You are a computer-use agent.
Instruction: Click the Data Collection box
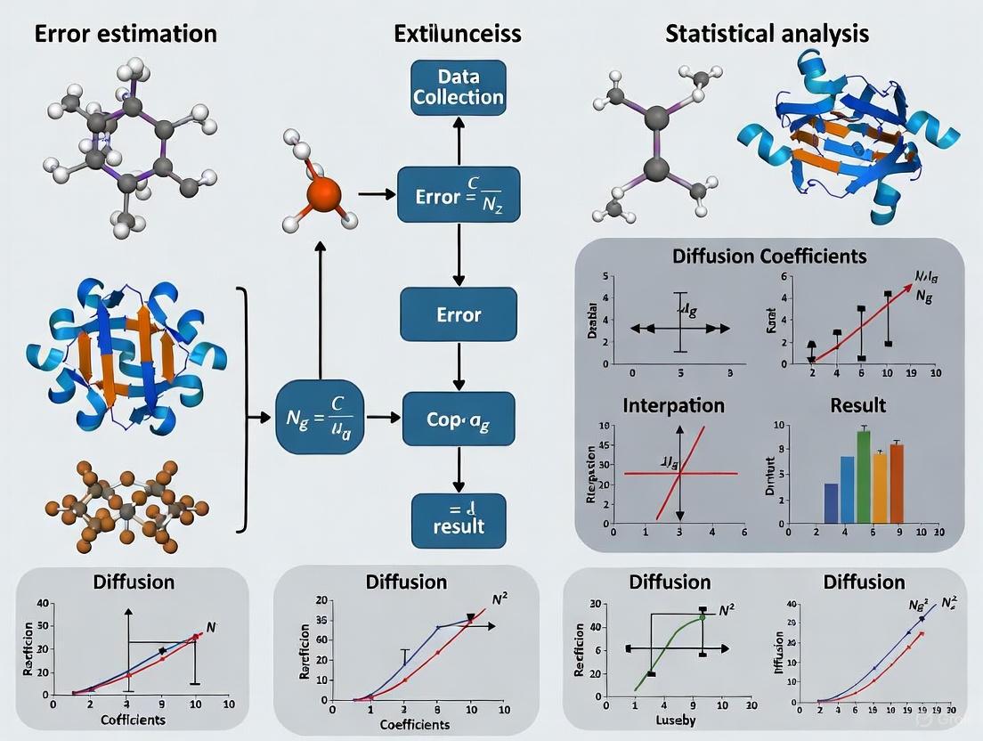point(458,86)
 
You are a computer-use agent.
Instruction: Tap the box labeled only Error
point(458,314)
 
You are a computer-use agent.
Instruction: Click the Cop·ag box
point(458,416)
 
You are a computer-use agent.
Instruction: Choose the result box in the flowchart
point(458,520)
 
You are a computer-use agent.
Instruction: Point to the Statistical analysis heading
point(767,34)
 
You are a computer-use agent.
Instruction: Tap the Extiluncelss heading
point(458,34)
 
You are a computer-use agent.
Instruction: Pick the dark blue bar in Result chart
point(831,502)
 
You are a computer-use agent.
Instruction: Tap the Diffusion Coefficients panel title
point(770,256)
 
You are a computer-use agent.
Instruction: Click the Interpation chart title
point(674,405)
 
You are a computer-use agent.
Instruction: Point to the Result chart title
point(857,405)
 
